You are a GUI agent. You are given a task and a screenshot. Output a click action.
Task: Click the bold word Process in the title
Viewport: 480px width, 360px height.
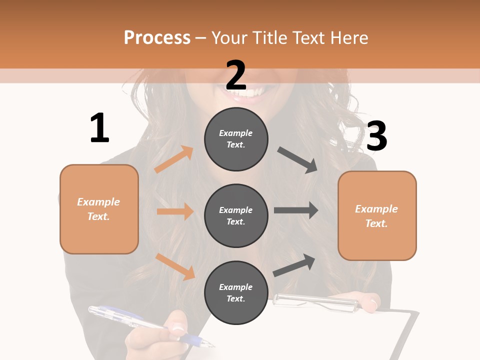pos(157,38)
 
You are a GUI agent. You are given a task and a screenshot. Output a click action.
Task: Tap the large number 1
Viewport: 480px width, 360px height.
pos(99,128)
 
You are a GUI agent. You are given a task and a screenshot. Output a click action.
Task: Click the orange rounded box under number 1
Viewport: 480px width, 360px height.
pos(99,209)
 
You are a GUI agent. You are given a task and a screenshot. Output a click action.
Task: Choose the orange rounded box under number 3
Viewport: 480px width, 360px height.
pos(377,215)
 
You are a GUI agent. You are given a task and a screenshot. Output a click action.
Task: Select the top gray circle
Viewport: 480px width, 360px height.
pos(236,139)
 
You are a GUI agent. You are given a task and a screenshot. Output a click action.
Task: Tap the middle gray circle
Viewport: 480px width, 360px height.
pos(236,215)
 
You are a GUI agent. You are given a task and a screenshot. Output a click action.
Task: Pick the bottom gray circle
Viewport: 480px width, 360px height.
pos(236,292)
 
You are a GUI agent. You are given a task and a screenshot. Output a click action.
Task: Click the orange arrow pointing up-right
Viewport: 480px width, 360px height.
pos(174,159)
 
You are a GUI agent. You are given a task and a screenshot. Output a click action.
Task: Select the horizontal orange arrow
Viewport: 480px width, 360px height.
pos(175,211)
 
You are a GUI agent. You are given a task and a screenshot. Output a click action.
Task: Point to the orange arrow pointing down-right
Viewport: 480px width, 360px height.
pos(175,266)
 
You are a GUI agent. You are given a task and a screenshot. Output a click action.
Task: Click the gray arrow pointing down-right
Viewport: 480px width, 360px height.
pos(297,159)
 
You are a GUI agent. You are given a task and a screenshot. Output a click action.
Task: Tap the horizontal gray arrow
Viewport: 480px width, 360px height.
pos(296,210)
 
